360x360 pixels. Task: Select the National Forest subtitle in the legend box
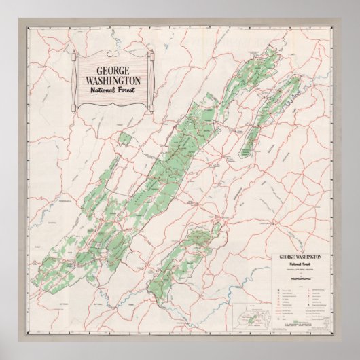click(x=298, y=265)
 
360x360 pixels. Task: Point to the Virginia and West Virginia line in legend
click(x=298, y=270)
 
